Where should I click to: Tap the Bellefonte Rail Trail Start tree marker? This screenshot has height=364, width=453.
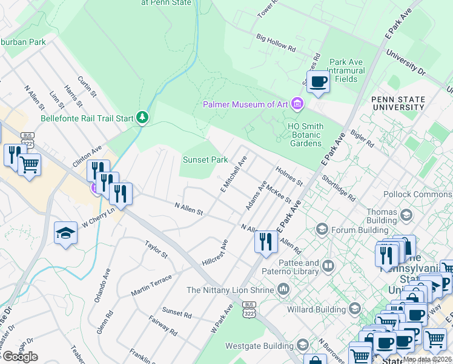pyautogui.click(x=142, y=116)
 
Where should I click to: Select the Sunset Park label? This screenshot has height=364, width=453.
pyautogui.click(x=205, y=160)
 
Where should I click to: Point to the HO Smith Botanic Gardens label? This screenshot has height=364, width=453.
pyautogui.click(x=305, y=134)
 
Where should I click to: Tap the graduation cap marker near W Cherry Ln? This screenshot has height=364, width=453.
pyautogui.click(x=65, y=234)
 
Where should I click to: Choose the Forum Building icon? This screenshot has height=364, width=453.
pyautogui.click(x=322, y=229)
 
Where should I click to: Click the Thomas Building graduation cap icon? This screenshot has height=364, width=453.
pyautogui.click(x=405, y=215)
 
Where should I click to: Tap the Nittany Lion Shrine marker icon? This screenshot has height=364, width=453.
pyautogui.click(x=283, y=290)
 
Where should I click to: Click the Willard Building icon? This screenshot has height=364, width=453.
pyautogui.click(x=354, y=309)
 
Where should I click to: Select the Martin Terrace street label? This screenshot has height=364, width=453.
pyautogui.click(x=151, y=285)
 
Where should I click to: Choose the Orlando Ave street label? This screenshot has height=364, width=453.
pyautogui.click(x=107, y=283)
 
